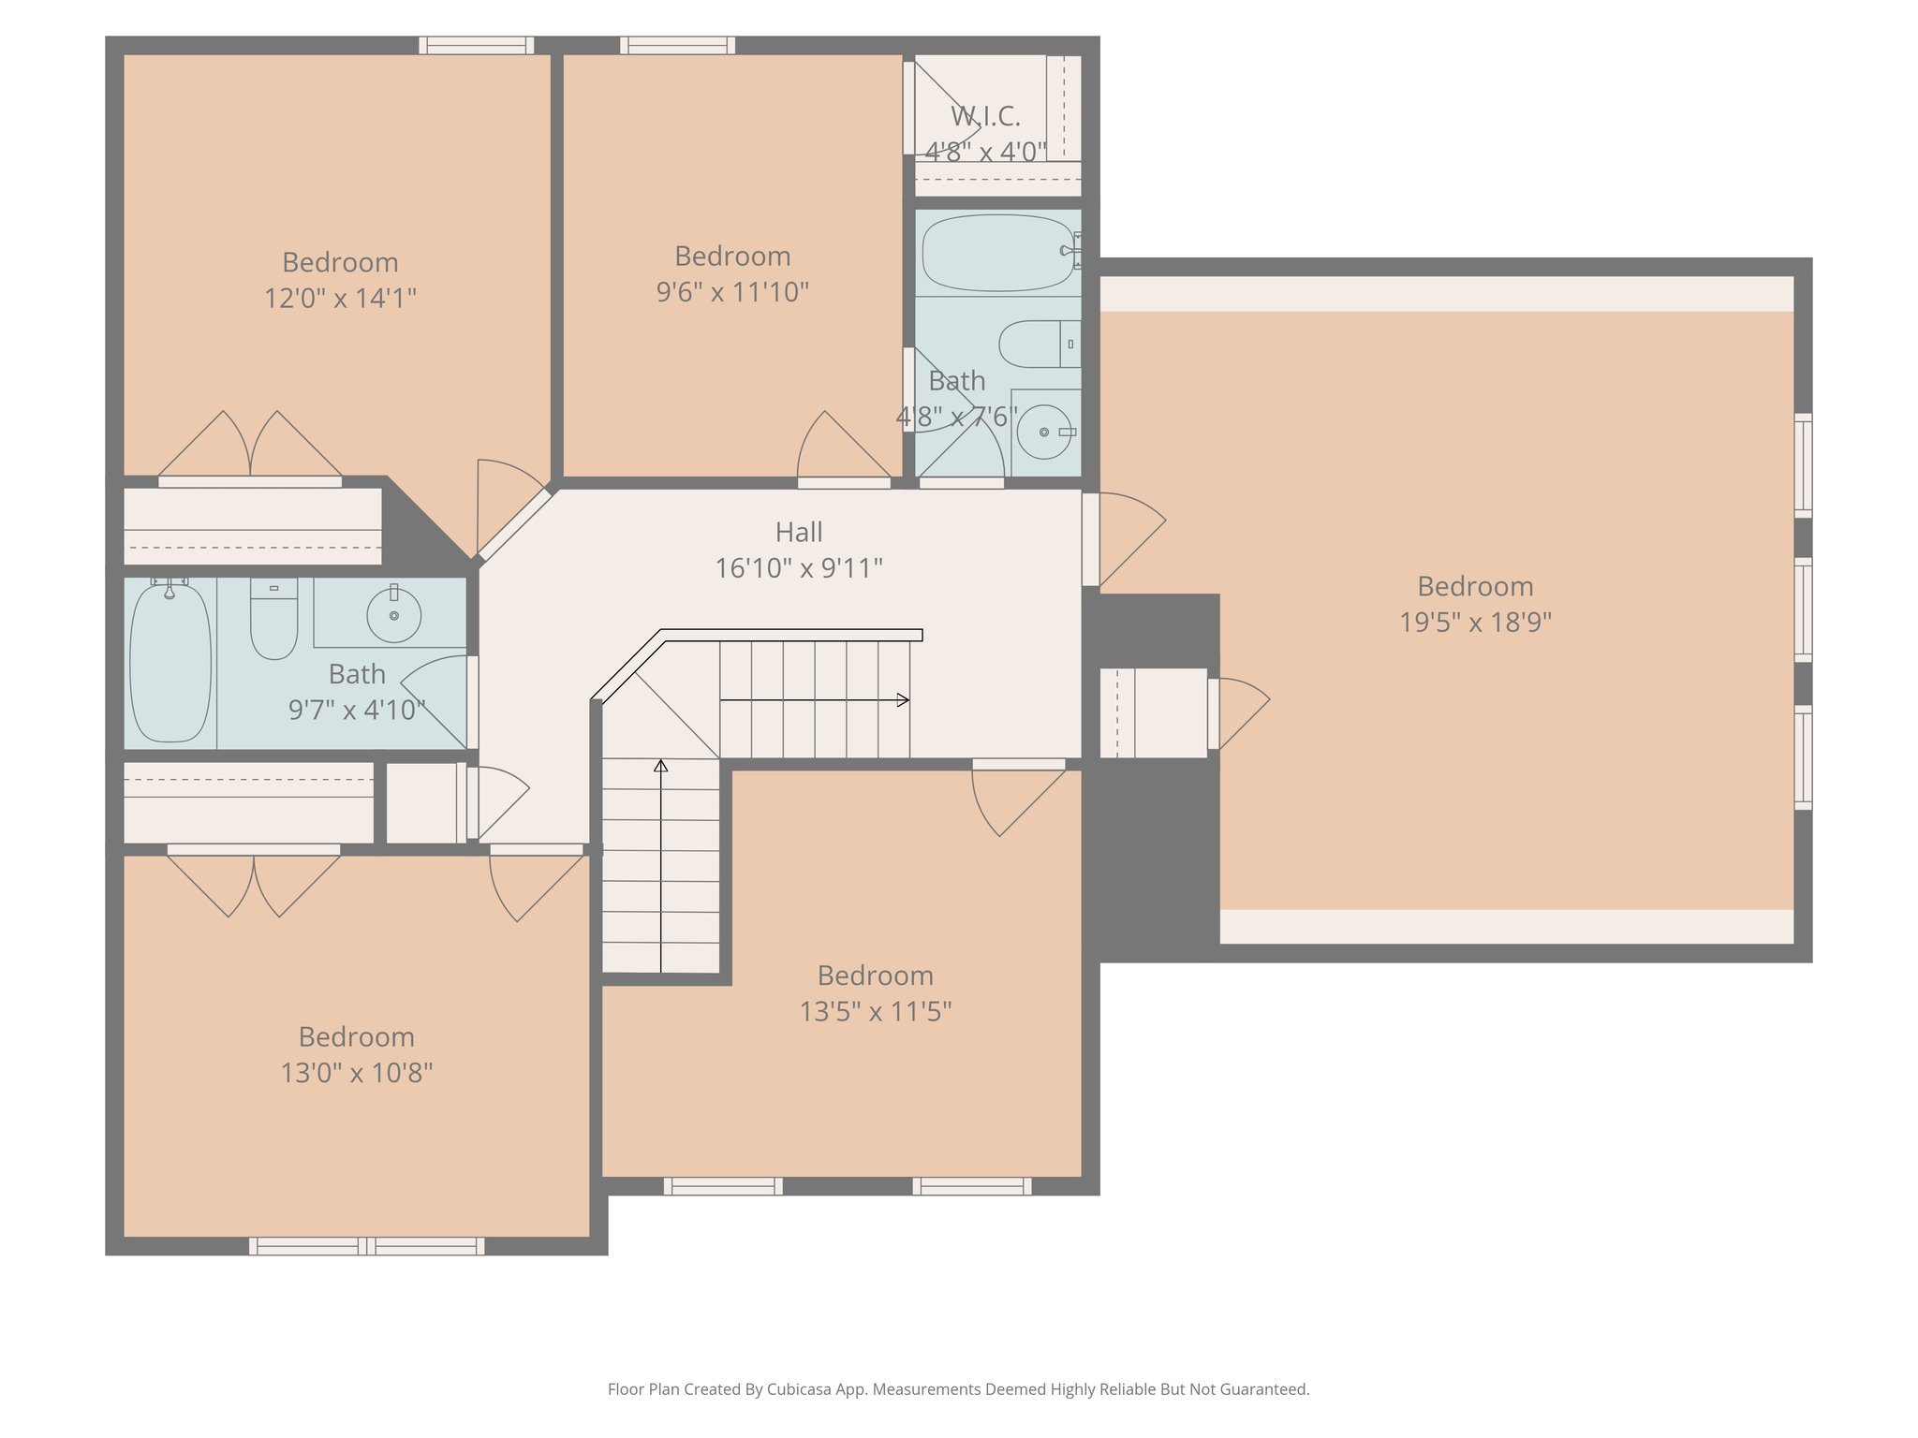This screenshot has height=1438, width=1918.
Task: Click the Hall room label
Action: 799,532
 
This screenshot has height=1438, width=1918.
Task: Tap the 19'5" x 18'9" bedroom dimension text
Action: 1475,623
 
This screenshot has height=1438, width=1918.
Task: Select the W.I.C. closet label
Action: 985,116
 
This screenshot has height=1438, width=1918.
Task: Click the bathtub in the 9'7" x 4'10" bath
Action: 170,662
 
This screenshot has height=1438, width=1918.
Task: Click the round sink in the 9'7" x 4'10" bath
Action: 393,615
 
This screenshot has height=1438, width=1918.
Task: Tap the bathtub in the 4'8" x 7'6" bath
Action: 997,253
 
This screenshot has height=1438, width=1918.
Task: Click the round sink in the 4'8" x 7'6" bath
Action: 1043,432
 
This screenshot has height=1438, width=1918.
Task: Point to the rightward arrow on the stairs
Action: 814,699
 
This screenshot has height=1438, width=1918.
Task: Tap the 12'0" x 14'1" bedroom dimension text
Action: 340,299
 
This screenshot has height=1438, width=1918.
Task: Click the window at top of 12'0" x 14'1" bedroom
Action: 476,45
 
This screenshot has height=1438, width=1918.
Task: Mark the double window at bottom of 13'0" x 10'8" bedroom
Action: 367,1246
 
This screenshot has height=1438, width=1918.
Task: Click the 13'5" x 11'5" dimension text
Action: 875,1012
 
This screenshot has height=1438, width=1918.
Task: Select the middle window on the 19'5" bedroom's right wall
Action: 1803,609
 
